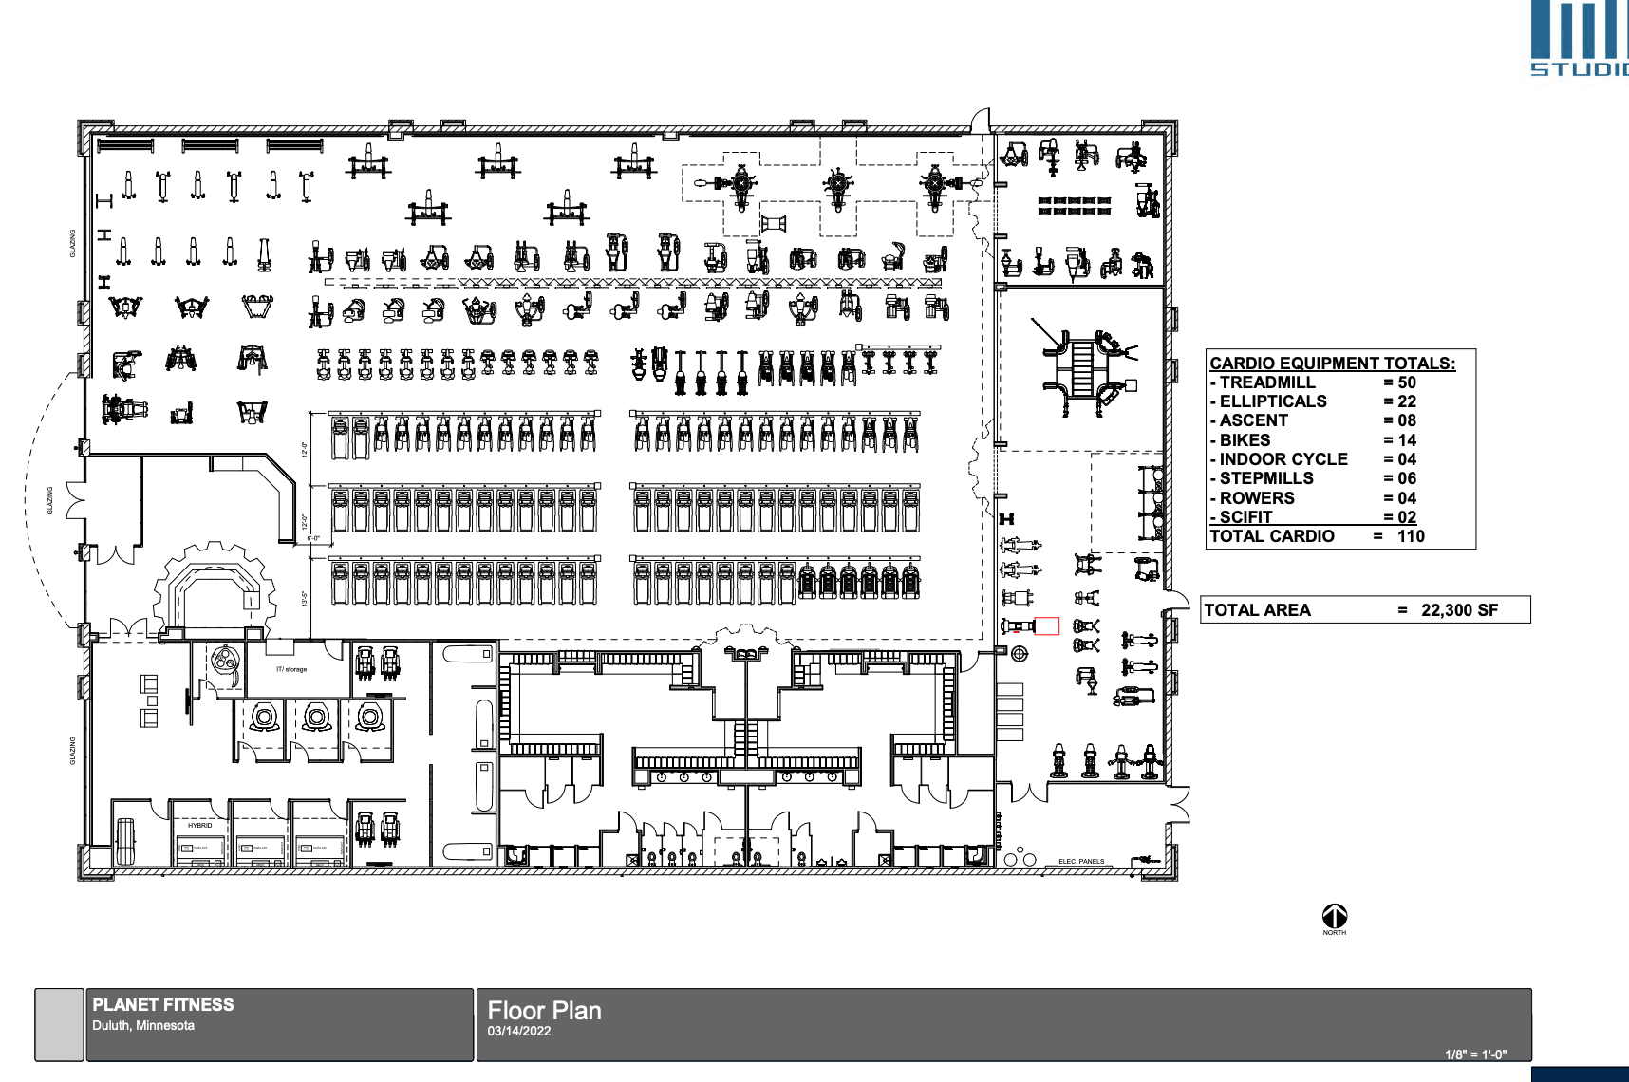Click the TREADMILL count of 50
click(1406, 382)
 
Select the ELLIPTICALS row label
click(1273, 401)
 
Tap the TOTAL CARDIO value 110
click(1411, 536)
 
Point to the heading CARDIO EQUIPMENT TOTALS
click(1332, 363)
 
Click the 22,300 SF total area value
click(1459, 610)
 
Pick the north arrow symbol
click(1334, 916)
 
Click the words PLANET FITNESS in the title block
click(163, 1004)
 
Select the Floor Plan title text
click(544, 1011)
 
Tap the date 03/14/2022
click(519, 1031)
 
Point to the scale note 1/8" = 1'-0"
click(1475, 1054)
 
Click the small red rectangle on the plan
click(1046, 625)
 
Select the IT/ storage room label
click(291, 669)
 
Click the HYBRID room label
click(199, 826)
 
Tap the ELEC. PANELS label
click(1081, 862)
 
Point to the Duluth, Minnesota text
click(143, 1025)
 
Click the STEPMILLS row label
click(1266, 478)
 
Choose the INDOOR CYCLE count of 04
click(1406, 459)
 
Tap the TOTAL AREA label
click(1257, 610)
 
